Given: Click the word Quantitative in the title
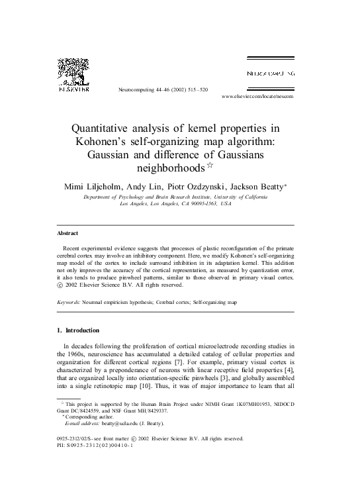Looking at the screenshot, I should (x=114, y=128).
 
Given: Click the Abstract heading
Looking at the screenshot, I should (x=67, y=233).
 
